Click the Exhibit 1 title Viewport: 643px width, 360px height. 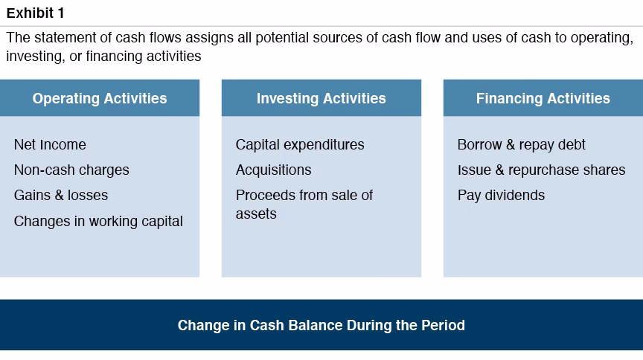click(x=35, y=12)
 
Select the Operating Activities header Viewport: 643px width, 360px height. click(x=100, y=98)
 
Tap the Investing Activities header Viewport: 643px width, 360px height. click(x=321, y=98)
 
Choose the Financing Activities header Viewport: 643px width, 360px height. click(x=543, y=98)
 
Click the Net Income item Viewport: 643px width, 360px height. click(x=50, y=144)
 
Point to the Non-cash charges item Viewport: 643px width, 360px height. click(x=71, y=170)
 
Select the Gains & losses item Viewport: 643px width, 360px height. click(x=61, y=195)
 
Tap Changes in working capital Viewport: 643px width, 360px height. click(x=98, y=221)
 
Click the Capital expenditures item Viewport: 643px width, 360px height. click(x=300, y=144)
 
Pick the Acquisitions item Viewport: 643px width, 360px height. click(x=273, y=170)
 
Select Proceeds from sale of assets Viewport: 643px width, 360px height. click(x=304, y=204)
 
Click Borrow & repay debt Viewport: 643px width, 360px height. click(x=521, y=144)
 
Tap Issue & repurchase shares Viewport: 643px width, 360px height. click(x=541, y=170)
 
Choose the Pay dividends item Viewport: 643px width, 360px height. click(x=501, y=195)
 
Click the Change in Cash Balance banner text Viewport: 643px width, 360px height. click(x=321, y=325)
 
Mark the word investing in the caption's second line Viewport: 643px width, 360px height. click(x=31, y=57)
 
